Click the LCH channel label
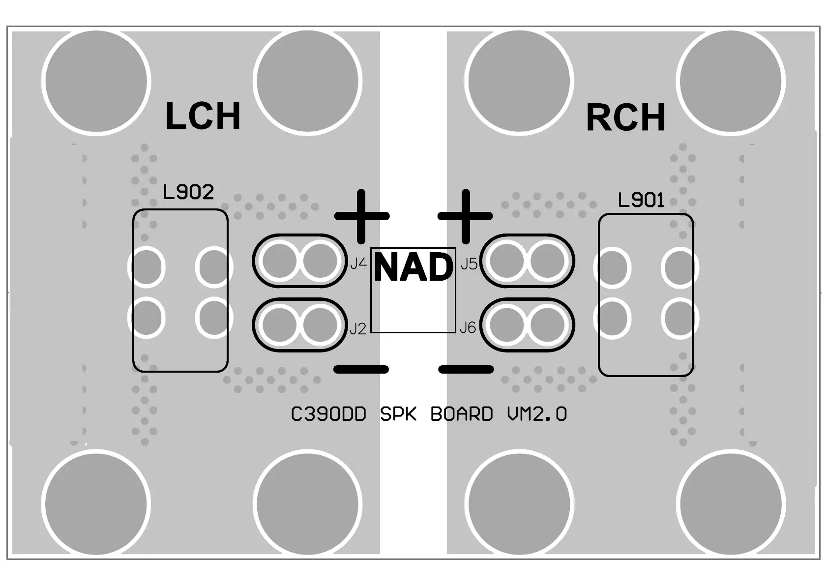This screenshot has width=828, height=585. [203, 116]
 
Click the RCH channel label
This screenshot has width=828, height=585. [625, 118]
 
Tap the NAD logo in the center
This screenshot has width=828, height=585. [413, 267]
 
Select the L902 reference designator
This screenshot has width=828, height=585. [188, 192]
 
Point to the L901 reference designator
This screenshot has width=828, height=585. [641, 200]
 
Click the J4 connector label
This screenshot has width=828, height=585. [358, 264]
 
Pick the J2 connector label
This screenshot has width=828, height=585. [358, 328]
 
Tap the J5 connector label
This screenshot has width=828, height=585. [469, 264]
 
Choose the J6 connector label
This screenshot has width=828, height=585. [468, 327]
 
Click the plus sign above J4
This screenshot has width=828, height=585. [362, 216]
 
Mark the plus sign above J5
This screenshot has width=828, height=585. [465, 216]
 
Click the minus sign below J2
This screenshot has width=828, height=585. [361, 369]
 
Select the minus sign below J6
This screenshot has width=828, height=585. [466, 369]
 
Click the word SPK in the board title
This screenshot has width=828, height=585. [398, 414]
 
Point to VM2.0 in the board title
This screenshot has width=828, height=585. [536, 414]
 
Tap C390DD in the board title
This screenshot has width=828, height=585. [328, 414]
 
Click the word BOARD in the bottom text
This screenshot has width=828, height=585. [461, 414]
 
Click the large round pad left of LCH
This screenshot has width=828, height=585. [96, 81]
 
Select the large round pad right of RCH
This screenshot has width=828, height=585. [730, 81]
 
